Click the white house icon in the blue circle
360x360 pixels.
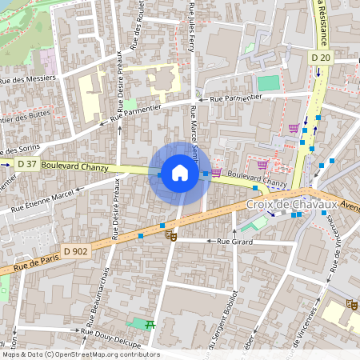click(180, 172)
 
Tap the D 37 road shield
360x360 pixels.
click(27, 164)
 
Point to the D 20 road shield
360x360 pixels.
click(321, 58)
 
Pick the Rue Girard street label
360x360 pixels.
click(235, 240)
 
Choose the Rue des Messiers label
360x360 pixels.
click(27, 78)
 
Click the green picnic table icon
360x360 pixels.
click(149, 323)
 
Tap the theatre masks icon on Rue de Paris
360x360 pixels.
click(170, 235)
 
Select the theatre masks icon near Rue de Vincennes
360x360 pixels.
click(351, 305)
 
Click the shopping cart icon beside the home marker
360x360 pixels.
click(216, 172)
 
